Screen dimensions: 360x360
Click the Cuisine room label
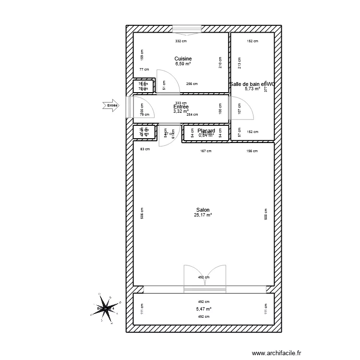(x=183, y=59)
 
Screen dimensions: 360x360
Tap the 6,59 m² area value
(x=183, y=63)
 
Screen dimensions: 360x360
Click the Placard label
(x=206, y=130)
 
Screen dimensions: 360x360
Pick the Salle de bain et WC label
(x=252, y=84)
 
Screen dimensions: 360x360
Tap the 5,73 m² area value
(x=252, y=89)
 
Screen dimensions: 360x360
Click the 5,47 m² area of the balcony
(x=204, y=310)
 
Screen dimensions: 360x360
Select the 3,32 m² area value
(x=181, y=111)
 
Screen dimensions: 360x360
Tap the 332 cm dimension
(x=180, y=41)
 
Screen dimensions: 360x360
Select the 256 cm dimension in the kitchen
(x=192, y=84)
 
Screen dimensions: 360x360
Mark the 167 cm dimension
(x=206, y=151)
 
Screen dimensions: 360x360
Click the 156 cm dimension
(x=252, y=151)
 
